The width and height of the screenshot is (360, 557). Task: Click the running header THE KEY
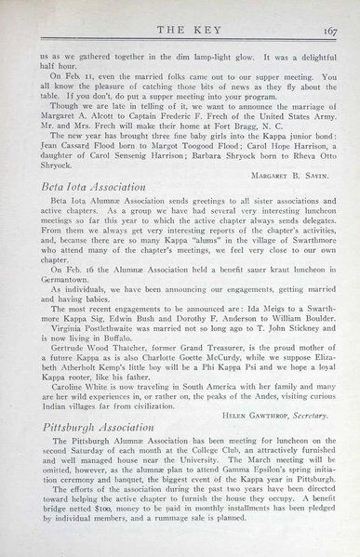(180, 27)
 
